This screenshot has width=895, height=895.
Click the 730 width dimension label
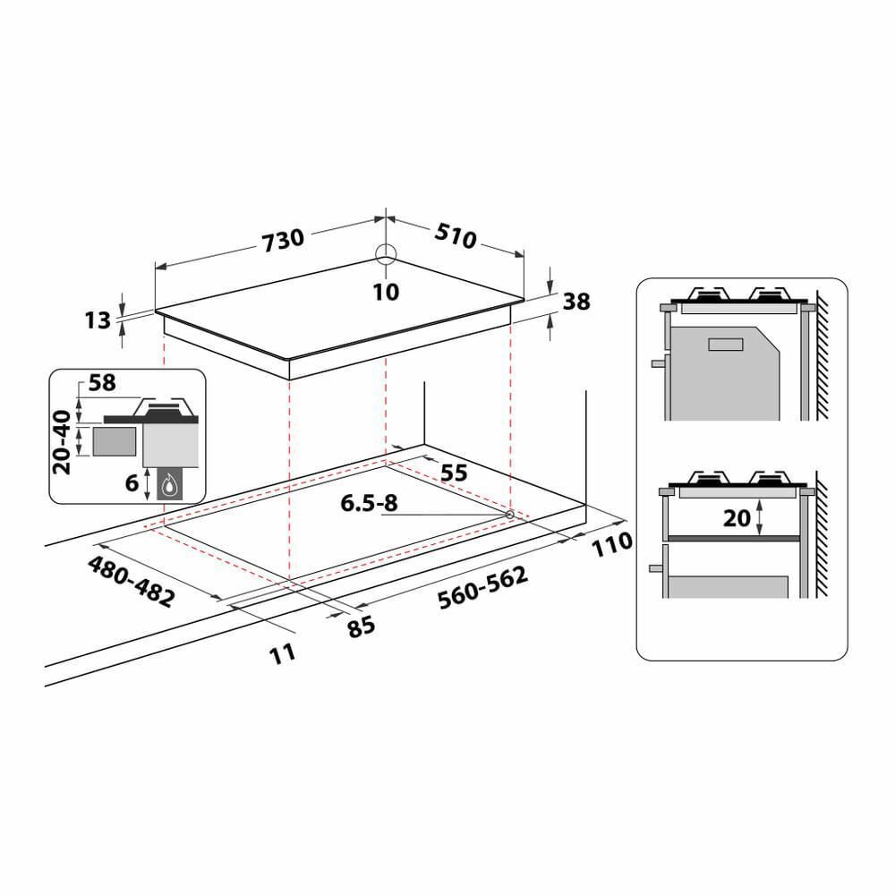[284, 239]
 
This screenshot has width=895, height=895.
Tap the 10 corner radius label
[386, 292]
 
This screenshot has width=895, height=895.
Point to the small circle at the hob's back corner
[385, 253]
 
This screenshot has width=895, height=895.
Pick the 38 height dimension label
[577, 303]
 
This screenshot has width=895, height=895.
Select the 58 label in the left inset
[103, 383]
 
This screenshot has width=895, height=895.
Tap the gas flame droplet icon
[169, 486]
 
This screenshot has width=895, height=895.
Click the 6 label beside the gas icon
[132, 482]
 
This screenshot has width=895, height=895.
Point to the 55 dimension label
[455, 473]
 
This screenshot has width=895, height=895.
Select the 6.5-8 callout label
[368, 504]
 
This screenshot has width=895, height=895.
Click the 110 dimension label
[611, 542]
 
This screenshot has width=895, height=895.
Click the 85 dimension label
[362, 626]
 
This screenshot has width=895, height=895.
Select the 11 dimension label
[282, 654]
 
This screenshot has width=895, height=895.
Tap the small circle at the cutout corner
[509, 515]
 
